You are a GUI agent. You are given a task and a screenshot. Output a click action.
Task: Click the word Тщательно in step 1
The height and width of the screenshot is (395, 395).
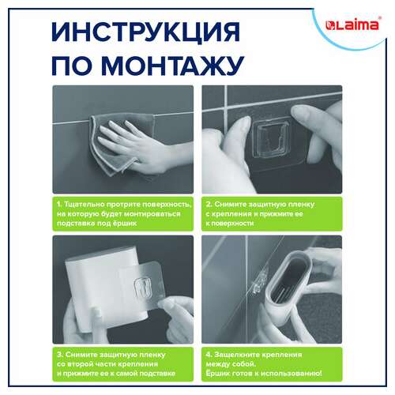(x=86, y=203)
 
